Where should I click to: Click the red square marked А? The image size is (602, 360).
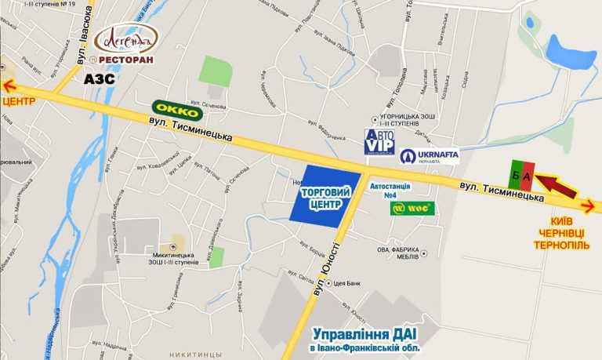click(528, 176)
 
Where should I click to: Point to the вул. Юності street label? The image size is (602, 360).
click(330, 271)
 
